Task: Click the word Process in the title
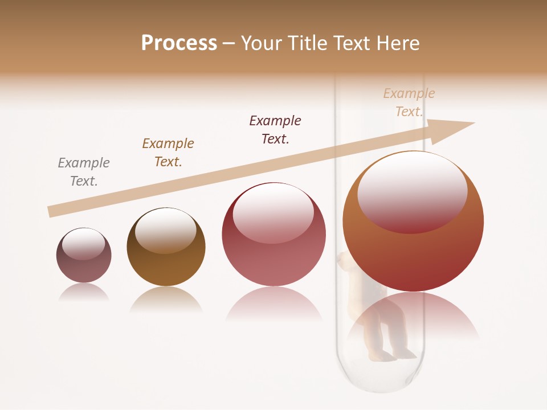tap(179, 43)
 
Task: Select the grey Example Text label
tap(84, 172)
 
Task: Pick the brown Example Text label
tap(168, 153)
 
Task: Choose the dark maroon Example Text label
tap(275, 130)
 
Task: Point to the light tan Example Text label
tap(409, 102)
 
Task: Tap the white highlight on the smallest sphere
tap(83, 244)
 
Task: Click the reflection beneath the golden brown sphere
tap(166, 299)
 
